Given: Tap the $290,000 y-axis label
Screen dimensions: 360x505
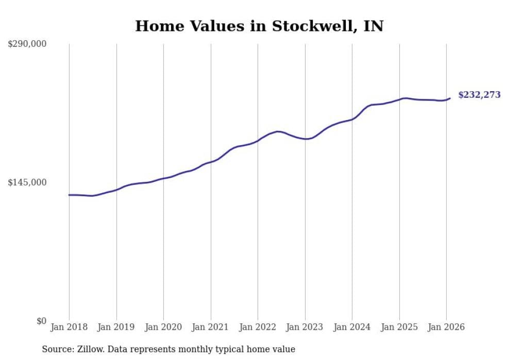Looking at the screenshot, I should click(x=27, y=44).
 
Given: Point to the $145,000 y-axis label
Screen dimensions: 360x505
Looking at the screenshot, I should click(x=27, y=182).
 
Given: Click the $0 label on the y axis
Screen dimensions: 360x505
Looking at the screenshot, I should click(x=41, y=321).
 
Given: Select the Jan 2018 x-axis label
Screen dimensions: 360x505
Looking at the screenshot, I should click(x=69, y=327).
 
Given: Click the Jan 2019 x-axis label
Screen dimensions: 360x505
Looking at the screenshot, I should click(x=116, y=327).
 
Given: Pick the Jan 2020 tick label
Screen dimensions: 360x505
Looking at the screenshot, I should click(x=163, y=327).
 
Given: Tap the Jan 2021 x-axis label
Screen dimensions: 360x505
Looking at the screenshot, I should click(x=210, y=327).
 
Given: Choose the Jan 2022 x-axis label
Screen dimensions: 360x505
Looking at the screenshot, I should click(x=258, y=327).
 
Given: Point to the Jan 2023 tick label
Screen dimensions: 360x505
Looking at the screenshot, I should click(x=305, y=327).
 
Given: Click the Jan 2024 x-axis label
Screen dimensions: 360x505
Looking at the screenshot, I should click(x=352, y=327).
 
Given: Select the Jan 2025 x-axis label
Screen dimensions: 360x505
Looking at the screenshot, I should click(x=399, y=327).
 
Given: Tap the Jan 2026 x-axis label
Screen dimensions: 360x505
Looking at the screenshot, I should click(x=446, y=327).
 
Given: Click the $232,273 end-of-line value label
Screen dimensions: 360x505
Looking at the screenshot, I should click(x=479, y=95).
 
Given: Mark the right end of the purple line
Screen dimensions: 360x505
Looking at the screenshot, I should click(x=450, y=98).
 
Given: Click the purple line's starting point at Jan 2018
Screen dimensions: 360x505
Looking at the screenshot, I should click(x=69, y=195).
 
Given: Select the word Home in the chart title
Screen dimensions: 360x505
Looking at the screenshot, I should click(x=155, y=26).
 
